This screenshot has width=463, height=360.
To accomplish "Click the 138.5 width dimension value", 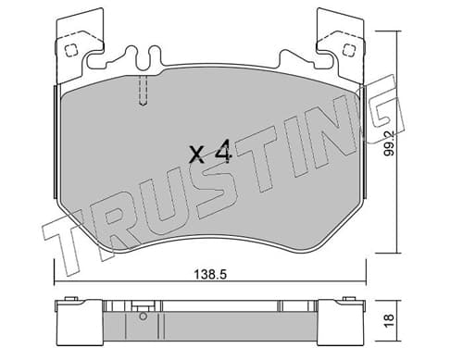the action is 210,274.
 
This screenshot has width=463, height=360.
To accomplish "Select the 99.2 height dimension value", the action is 390,143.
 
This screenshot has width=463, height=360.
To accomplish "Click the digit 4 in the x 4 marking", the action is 222,151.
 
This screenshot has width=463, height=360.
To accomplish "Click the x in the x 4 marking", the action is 197,155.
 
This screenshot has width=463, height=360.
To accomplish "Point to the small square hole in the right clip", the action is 348,49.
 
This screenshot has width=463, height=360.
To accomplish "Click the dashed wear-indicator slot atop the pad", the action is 143,90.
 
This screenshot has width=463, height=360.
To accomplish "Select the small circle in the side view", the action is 143,317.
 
